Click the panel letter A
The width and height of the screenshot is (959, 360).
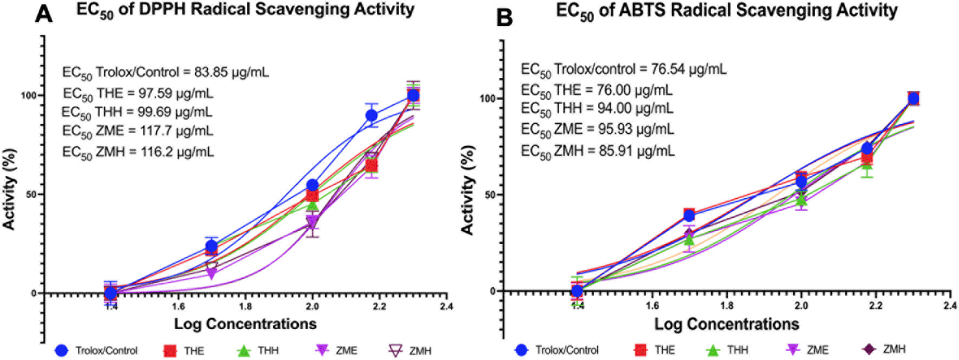[x=44, y=13]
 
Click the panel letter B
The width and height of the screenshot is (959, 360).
[x=504, y=17]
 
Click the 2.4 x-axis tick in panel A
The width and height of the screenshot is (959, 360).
[x=446, y=306]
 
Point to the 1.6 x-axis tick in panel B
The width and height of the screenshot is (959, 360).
[x=652, y=305]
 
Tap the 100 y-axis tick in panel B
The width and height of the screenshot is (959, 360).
[x=488, y=99]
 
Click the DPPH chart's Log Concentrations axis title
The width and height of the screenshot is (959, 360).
[x=245, y=324]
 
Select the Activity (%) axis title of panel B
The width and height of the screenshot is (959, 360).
[x=467, y=190]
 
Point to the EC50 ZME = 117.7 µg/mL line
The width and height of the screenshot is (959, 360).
[x=138, y=132]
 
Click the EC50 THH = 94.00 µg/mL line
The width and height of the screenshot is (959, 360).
[x=597, y=109]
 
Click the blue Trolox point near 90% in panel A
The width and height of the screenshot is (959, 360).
[x=371, y=115]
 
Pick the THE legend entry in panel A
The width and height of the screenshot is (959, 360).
[x=184, y=351]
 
